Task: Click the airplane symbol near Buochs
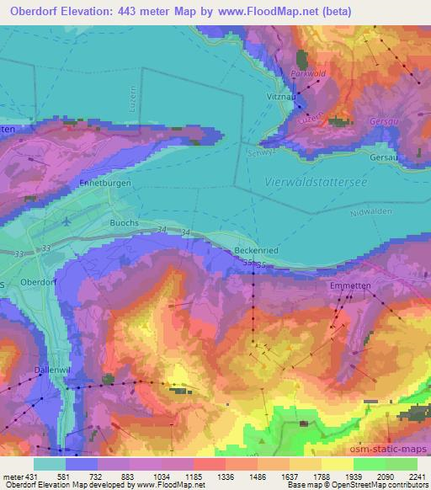click(x=67, y=221)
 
